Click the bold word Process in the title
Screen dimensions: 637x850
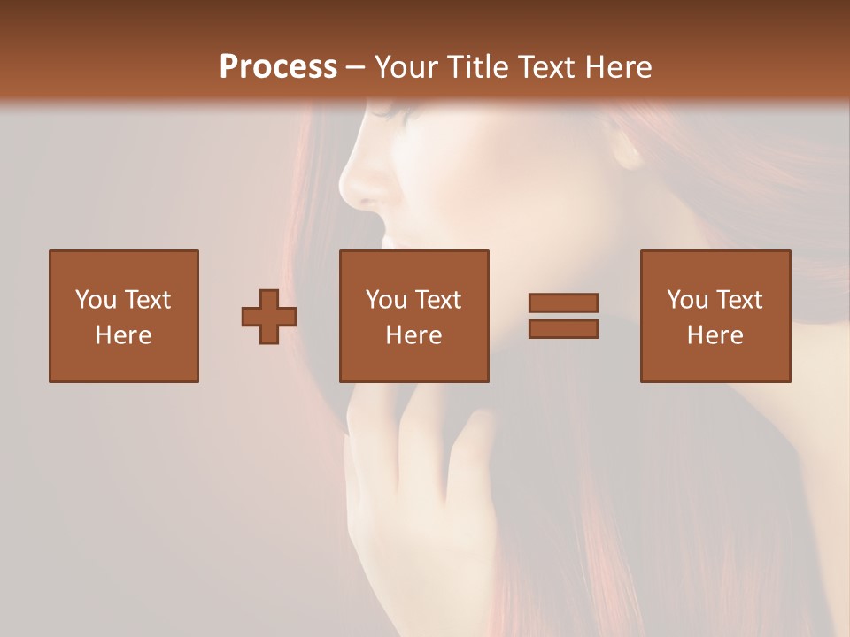pos(278,67)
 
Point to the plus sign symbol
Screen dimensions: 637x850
pos(269,317)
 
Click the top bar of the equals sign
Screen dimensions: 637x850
pos(563,303)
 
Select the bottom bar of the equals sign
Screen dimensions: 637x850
pos(563,329)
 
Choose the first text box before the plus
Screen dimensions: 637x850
pos(124,316)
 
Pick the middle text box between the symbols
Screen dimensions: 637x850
pos(414,316)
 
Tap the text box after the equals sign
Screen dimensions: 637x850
pos(715,316)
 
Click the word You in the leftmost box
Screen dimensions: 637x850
pos(96,299)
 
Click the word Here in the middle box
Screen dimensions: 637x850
pos(414,335)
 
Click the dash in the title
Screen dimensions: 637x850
pos(356,67)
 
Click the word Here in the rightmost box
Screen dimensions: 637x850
pos(715,335)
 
